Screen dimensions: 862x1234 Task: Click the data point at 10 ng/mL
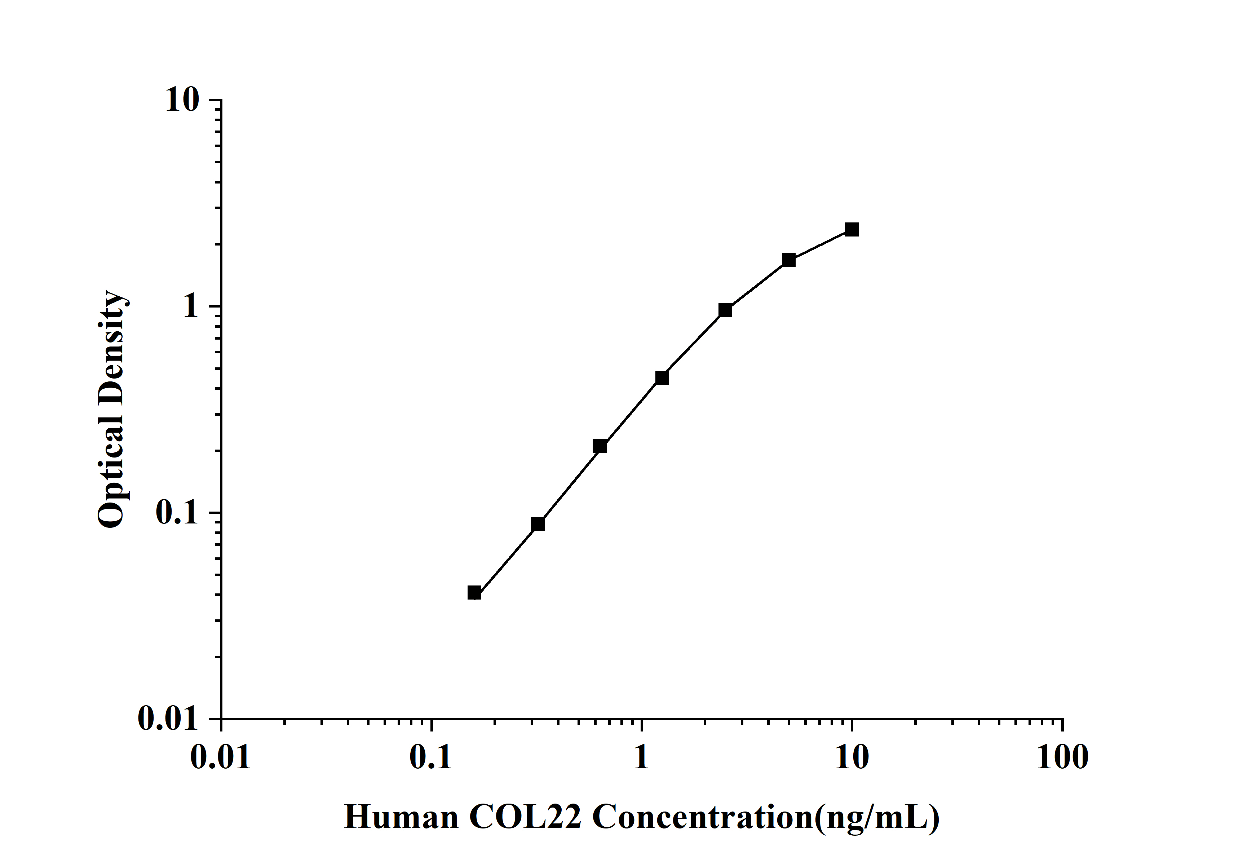(852, 230)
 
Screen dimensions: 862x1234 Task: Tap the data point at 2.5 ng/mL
(725, 310)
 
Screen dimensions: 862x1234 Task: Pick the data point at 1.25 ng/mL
(662, 378)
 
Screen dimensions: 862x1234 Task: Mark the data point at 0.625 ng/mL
(600, 446)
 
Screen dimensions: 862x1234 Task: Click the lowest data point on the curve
(474, 593)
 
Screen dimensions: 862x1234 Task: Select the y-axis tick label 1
(190, 306)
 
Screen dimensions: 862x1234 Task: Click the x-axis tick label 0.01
(221, 758)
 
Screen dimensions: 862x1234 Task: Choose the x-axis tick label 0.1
(431, 758)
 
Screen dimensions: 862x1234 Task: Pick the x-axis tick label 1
(641, 758)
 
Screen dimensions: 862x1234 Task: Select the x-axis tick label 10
(852, 758)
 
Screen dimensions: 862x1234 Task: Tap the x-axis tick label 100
(1062, 758)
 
